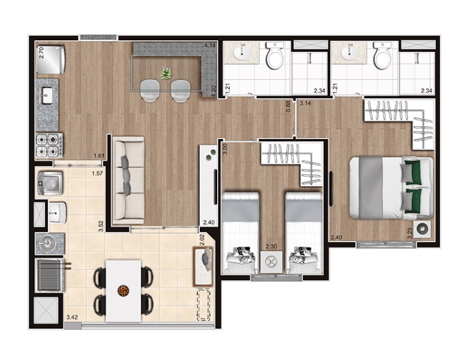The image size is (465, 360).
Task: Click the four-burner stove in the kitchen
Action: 49,145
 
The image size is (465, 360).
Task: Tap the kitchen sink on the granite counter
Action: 47,95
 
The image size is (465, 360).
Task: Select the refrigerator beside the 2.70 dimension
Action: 51,60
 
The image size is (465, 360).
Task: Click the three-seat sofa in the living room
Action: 129,180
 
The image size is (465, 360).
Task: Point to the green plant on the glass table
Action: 167,74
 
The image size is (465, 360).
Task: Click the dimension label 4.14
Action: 209,45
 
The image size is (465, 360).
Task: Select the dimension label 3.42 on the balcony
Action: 72,317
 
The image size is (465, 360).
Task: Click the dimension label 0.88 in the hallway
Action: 288,107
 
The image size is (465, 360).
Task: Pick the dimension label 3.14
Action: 306,104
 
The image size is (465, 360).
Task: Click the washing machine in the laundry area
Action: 50,183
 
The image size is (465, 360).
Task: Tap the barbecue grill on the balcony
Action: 50,275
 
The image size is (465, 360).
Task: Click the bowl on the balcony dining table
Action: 123,291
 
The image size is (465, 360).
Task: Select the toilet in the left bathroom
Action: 275,56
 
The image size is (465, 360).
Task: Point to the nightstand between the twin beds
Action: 271,262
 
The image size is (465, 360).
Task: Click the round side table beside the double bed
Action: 422,229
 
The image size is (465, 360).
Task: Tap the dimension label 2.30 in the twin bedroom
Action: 272,246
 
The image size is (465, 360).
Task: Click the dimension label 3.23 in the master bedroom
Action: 410,233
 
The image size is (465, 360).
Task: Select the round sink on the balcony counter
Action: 47,244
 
